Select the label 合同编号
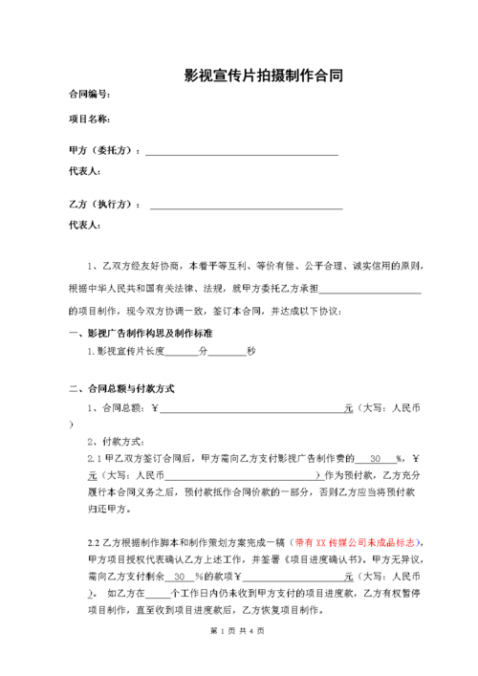coord(89,95)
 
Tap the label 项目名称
coord(89,120)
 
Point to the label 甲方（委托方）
coord(105,151)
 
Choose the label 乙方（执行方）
coord(105,205)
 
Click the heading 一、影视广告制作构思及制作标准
coord(141,333)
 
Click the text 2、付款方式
coord(115,441)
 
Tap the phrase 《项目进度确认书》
coord(305,559)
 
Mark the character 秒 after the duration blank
coord(251,352)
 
